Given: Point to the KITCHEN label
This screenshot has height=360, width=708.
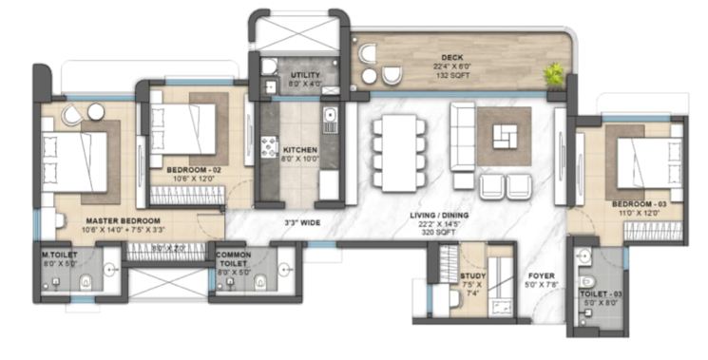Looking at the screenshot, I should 301,150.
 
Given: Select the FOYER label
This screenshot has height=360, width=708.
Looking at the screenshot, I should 545,277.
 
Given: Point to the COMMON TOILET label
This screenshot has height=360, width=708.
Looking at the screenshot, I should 234,259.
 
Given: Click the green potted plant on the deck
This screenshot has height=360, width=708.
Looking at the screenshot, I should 553,75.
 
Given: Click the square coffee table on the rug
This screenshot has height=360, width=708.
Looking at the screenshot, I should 505,137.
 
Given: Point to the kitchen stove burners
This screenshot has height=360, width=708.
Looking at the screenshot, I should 269,148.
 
